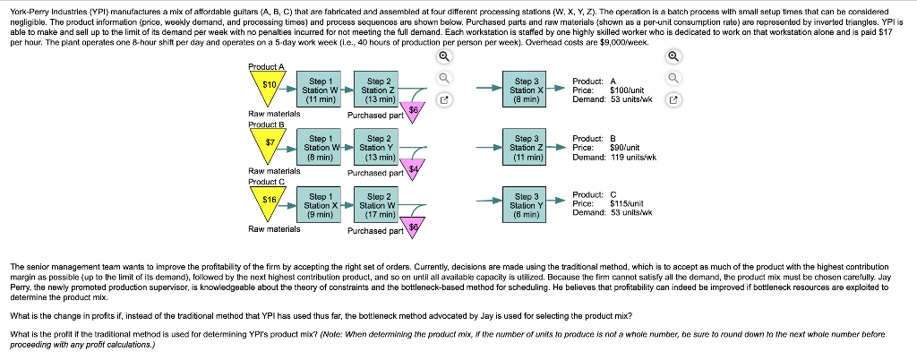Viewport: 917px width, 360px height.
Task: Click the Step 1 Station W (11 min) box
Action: (320, 91)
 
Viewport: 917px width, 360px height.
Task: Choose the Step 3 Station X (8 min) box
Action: (527, 91)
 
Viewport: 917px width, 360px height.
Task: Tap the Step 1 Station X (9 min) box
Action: (320, 206)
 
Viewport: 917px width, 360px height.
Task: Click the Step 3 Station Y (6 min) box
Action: (527, 206)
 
